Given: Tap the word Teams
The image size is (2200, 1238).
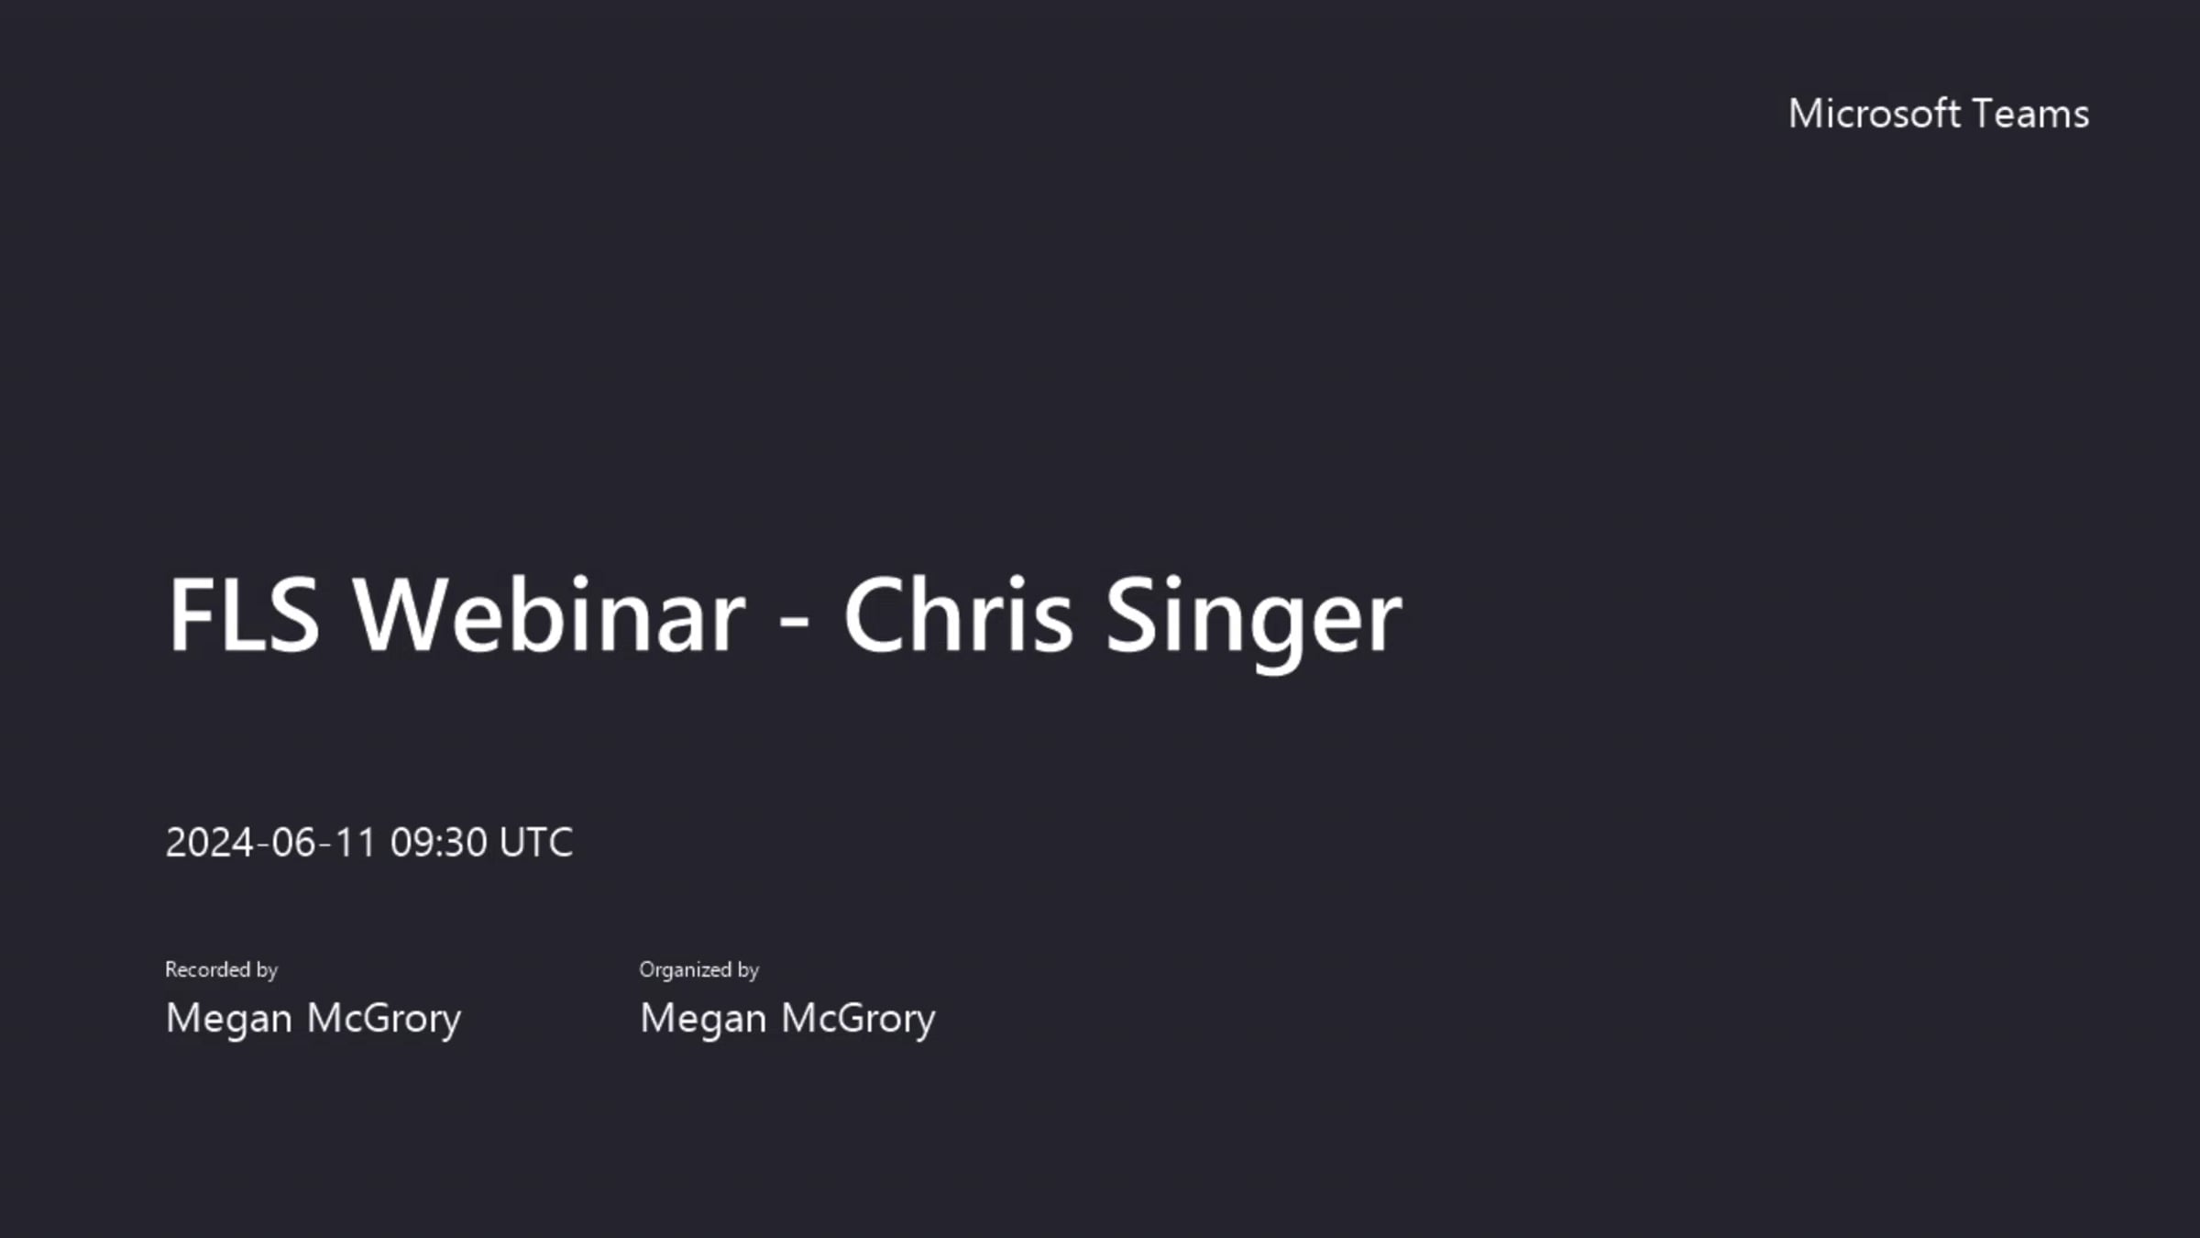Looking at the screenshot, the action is [x=2030, y=114].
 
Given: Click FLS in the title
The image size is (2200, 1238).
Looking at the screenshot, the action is [x=244, y=614].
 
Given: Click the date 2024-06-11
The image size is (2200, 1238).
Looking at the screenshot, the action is [x=271, y=842].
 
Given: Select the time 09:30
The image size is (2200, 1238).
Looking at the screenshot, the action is [x=439, y=842].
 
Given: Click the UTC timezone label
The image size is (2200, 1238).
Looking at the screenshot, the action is [x=536, y=842].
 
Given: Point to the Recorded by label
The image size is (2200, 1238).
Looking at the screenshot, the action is [x=221, y=969].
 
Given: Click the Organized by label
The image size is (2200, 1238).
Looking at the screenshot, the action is [x=699, y=969].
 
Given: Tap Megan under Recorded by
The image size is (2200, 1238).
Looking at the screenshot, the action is [x=229, y=1019].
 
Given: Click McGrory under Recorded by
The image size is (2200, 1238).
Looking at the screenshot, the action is [x=383, y=1019].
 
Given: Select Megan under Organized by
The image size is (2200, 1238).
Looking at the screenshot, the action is [x=703, y=1019].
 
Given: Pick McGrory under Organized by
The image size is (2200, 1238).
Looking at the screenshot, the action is [x=858, y=1019].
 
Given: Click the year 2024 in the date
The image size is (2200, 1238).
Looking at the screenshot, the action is [x=210, y=842].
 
